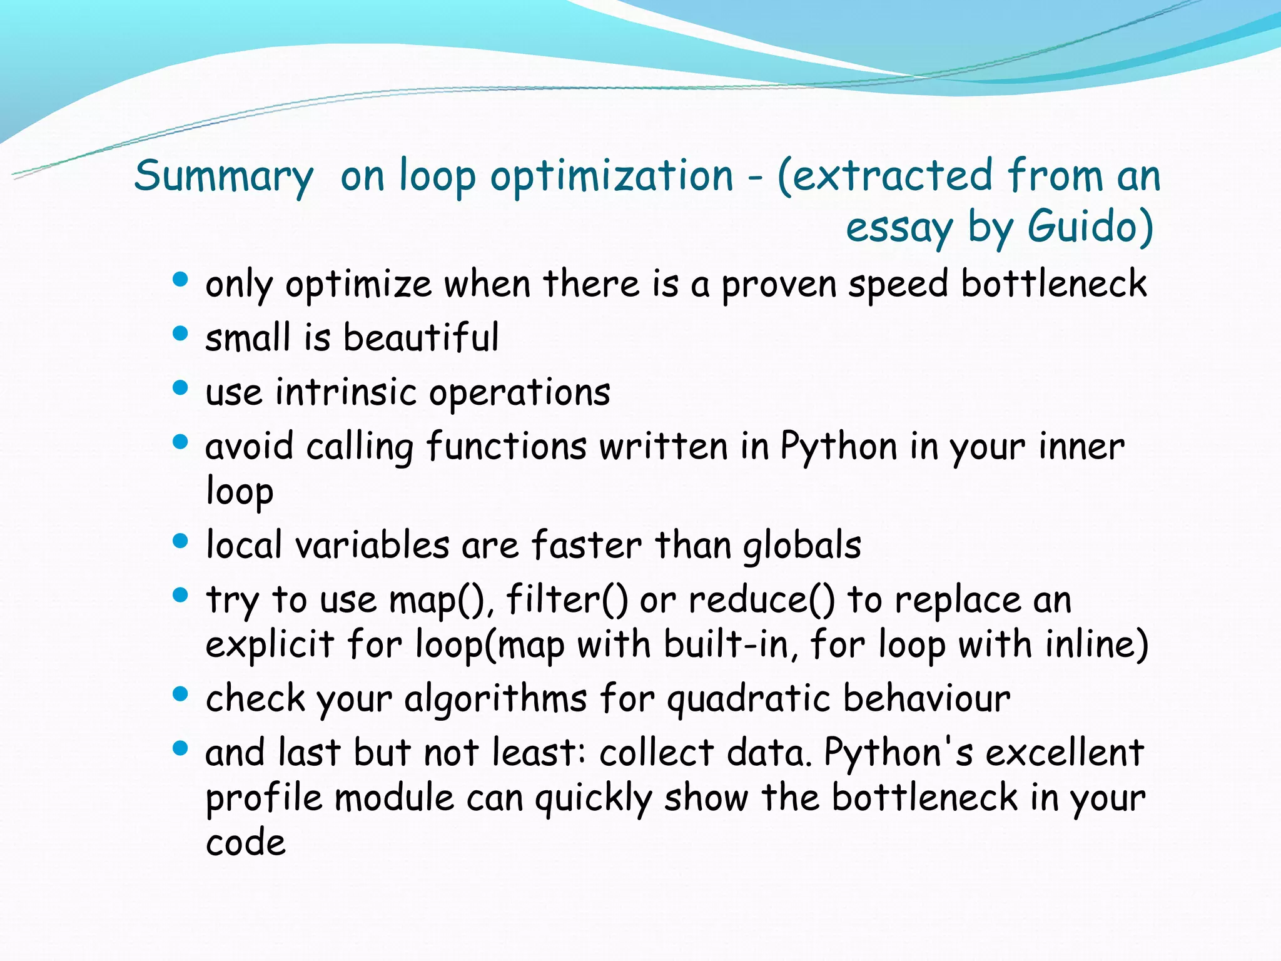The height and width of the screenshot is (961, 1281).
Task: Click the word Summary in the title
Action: tap(223, 176)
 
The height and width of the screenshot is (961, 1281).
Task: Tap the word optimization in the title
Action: tap(611, 176)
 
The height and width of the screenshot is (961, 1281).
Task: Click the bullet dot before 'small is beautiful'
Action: tap(180, 333)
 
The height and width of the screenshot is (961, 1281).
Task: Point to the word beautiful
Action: tap(420, 338)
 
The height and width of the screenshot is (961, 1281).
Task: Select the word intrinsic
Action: tap(345, 393)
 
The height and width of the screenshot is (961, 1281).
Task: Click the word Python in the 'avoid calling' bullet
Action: tap(838, 448)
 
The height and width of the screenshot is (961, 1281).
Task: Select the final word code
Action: tap(245, 843)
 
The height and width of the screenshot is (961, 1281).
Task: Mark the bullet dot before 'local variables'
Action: tap(180, 541)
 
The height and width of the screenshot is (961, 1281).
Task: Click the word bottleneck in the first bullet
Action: tap(1053, 284)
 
